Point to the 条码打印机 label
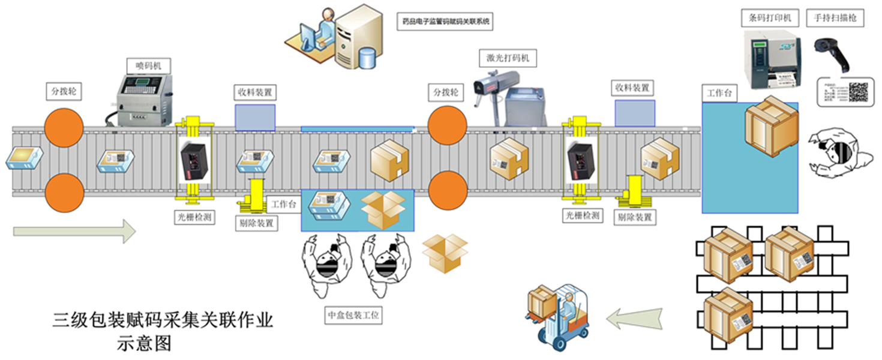[766, 18]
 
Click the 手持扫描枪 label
[835, 18]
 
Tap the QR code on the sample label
[857, 92]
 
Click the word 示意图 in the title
[144, 343]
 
